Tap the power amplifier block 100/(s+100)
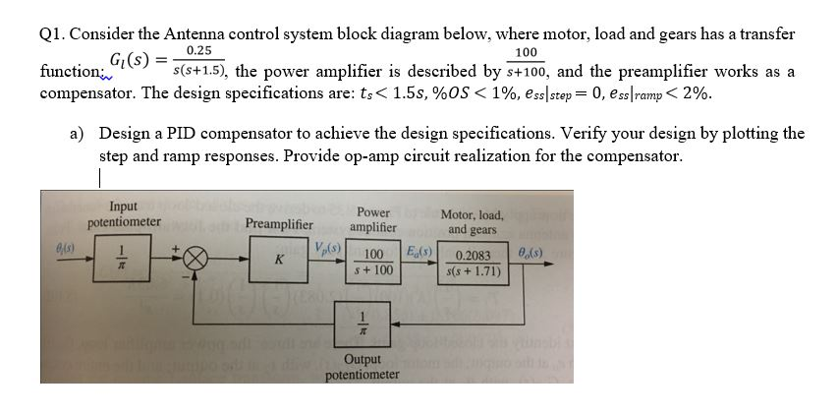click(373, 261)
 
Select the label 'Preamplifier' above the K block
click(279, 223)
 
